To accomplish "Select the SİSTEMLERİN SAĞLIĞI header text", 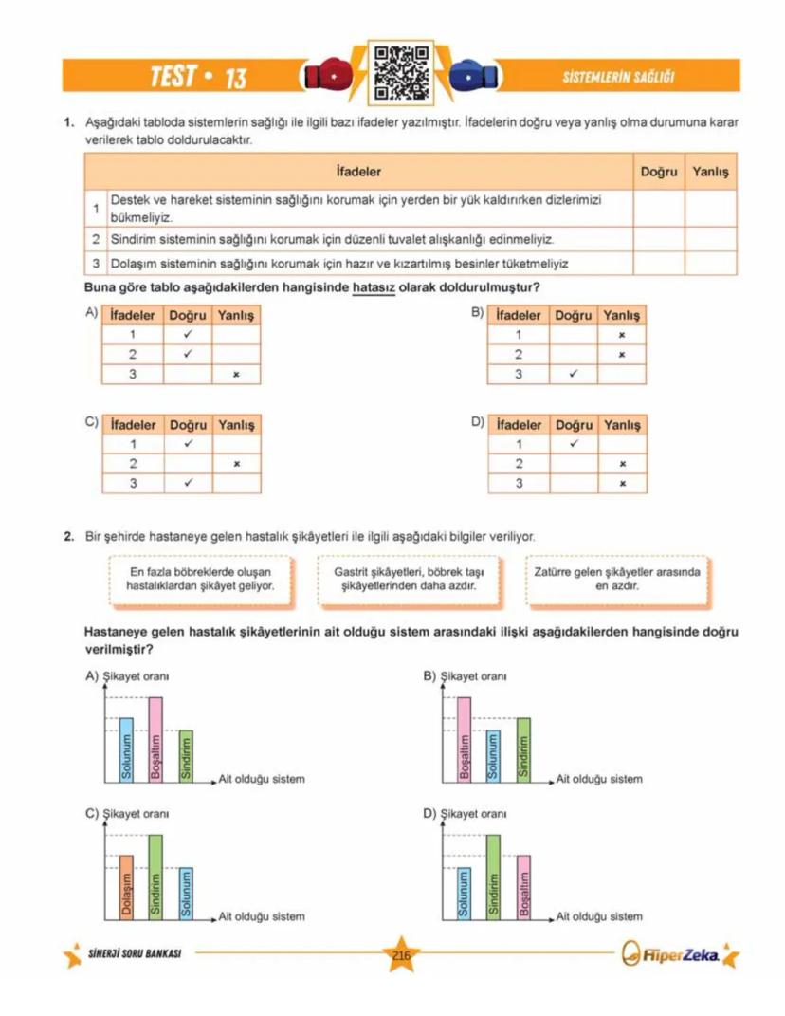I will [x=618, y=78].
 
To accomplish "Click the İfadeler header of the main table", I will [x=358, y=172].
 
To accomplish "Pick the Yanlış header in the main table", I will [x=710, y=172].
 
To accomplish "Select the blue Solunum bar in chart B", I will [x=493, y=756].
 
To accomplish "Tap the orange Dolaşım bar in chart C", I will [x=126, y=888].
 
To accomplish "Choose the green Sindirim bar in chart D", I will [x=493, y=877].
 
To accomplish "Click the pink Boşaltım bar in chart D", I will [x=523, y=888].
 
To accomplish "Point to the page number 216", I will [x=400, y=955].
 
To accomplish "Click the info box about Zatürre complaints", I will [x=616, y=579].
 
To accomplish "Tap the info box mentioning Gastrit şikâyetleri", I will [x=410, y=579].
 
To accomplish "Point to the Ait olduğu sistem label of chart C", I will [x=262, y=917].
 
